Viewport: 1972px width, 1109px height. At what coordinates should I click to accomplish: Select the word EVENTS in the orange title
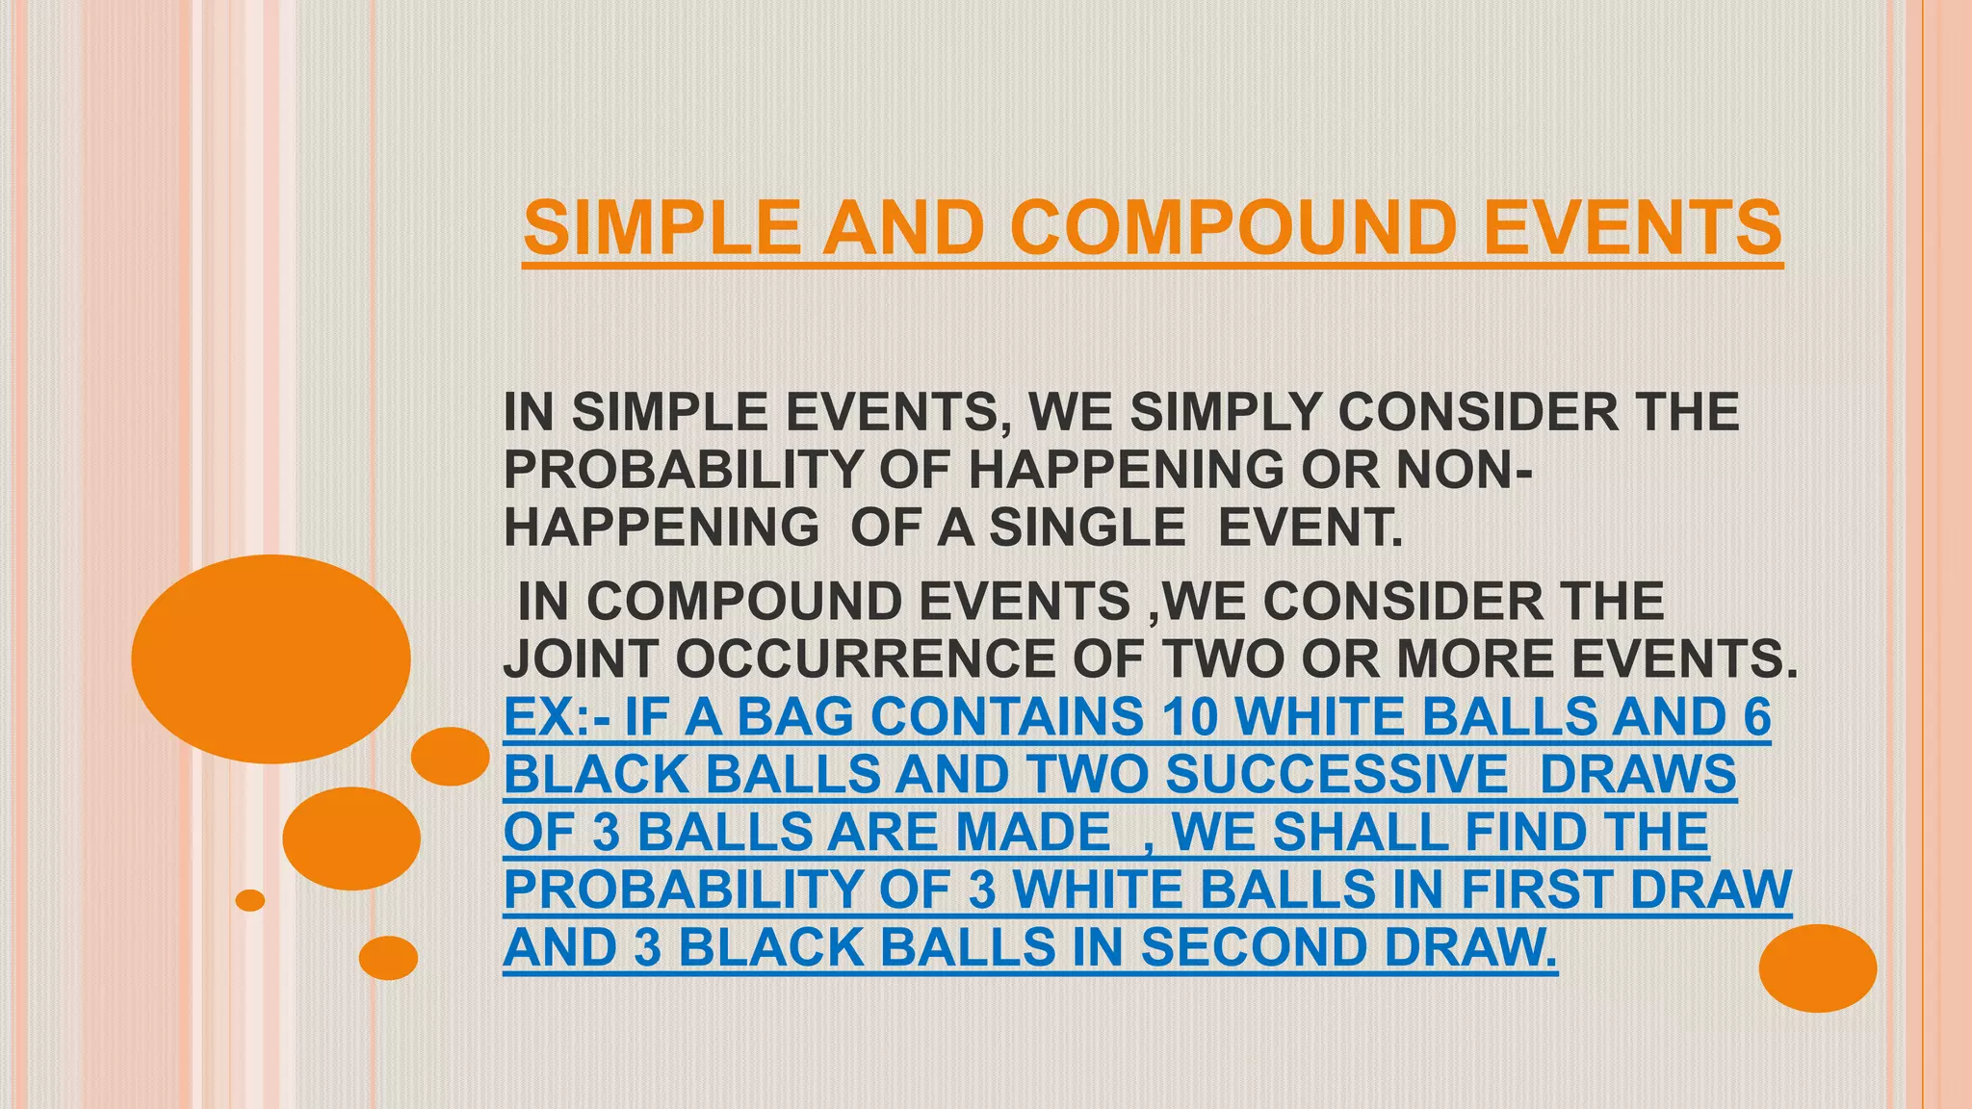pyautogui.click(x=1633, y=228)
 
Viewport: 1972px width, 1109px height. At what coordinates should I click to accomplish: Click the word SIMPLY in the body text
pyautogui.click(x=1225, y=412)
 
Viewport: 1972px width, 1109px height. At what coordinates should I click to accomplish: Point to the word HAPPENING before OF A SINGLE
pyautogui.click(x=662, y=528)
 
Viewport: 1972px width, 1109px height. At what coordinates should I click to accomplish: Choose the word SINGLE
pyautogui.click(x=1088, y=528)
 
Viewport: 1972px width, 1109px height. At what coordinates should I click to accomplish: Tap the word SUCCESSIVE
pyautogui.click(x=1336, y=775)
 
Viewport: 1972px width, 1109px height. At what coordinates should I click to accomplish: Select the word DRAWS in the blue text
pyautogui.click(x=1639, y=775)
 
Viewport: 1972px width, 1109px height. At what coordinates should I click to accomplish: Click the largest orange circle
pyautogui.click(x=271, y=659)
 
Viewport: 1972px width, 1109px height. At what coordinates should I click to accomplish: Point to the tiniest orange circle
pyautogui.click(x=250, y=900)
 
